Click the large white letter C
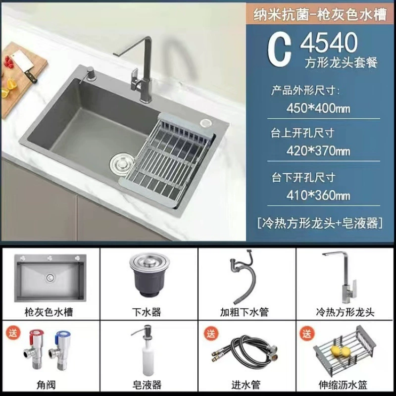tap(279, 50)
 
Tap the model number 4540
tap(329, 43)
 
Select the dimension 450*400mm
tap(318, 108)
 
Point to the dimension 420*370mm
tap(318, 151)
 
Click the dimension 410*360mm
tap(318, 195)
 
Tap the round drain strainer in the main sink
tap(122, 165)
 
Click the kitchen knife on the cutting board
tap(24, 66)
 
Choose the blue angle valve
tap(60, 349)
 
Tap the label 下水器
tap(147, 312)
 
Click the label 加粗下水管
tap(244, 312)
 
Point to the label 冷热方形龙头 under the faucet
tap(345, 312)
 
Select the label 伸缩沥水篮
tap(343, 385)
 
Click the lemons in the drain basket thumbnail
tap(339, 351)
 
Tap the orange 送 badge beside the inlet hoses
tap(211, 333)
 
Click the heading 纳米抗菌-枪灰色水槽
tap(320, 14)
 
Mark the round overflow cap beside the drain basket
tap(206, 123)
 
